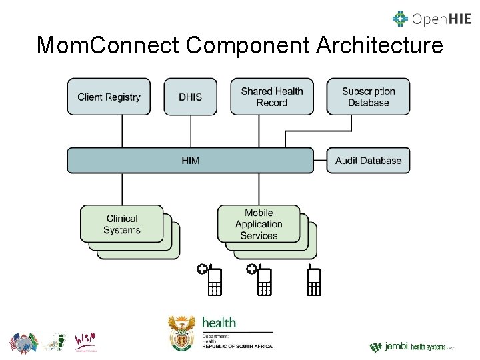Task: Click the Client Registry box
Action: click(x=109, y=97)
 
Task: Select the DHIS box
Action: click(x=190, y=97)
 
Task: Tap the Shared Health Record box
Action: click(x=272, y=97)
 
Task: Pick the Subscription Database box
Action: click(x=368, y=97)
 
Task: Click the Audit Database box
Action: click(x=368, y=161)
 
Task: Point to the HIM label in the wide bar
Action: click(x=190, y=161)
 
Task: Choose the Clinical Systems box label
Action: click(x=122, y=224)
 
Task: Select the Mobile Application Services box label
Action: click(x=259, y=224)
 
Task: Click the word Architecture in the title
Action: click(x=379, y=45)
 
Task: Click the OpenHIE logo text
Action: click(x=440, y=19)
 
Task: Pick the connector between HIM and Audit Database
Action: click(x=320, y=161)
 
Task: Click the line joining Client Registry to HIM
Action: click(x=122, y=131)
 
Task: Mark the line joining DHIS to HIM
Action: click(x=190, y=131)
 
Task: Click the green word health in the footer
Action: click(x=219, y=323)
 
